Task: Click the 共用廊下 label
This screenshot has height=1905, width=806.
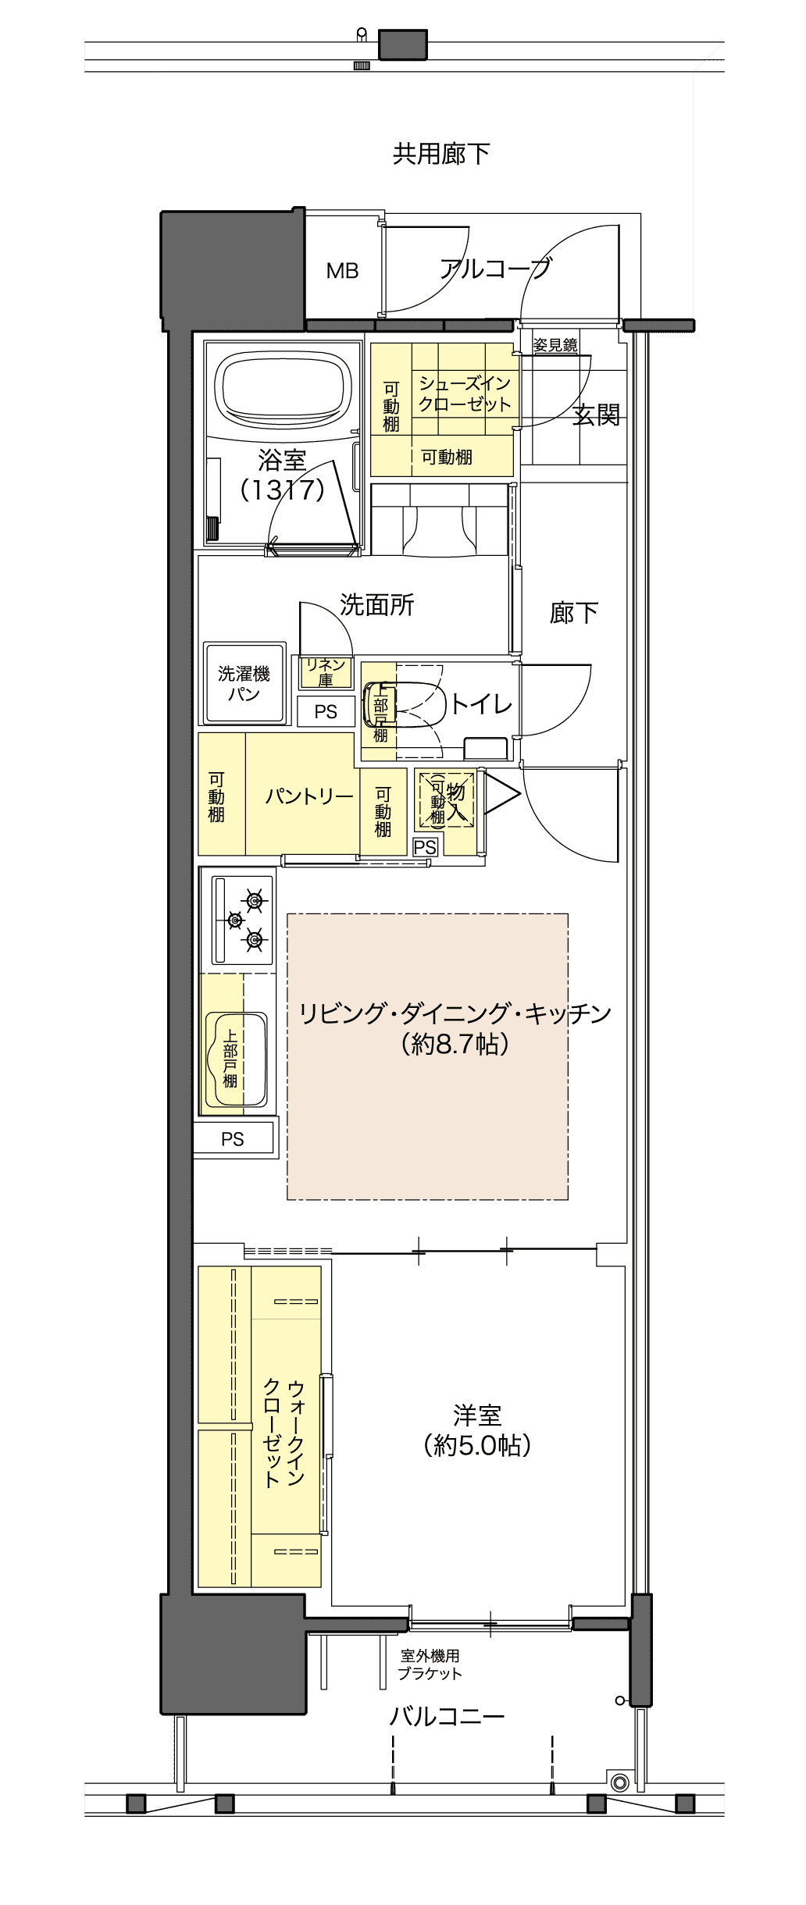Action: pos(441,154)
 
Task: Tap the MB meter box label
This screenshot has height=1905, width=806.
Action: pos(342,271)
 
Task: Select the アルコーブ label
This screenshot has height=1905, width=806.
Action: pos(495,269)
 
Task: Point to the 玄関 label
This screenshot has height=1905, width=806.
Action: pos(597,415)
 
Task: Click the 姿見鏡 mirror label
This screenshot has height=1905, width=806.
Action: pos(555,344)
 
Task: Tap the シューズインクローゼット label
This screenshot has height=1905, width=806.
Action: pos(465,393)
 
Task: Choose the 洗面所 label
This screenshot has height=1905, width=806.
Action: pos(377,604)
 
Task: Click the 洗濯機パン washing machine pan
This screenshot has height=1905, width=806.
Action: pos(244,683)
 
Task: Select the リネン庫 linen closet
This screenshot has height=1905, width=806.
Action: pos(325,672)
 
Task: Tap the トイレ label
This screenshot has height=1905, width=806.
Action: pos(481,703)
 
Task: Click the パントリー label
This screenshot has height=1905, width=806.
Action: pos(309,796)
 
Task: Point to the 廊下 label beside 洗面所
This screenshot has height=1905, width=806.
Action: pos(574,613)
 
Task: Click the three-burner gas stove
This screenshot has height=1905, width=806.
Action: pos(243,920)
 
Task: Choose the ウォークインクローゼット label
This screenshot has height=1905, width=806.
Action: pos(284,1433)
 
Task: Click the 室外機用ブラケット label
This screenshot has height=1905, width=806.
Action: pos(430,1664)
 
